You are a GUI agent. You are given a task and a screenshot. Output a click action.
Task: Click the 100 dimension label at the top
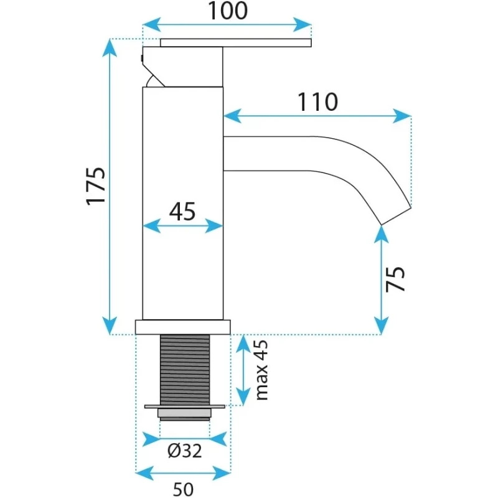(227, 11)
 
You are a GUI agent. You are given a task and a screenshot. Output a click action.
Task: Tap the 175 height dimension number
(96, 186)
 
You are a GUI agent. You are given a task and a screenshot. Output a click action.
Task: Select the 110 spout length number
(317, 101)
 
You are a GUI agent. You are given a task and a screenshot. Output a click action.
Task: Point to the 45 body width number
(182, 212)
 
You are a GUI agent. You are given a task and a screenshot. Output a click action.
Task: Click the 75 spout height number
(396, 279)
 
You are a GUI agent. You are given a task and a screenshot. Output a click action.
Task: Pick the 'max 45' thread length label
(262, 370)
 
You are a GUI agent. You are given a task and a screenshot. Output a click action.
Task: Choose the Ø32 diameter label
(184, 451)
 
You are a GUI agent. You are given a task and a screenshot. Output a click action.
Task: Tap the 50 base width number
(183, 489)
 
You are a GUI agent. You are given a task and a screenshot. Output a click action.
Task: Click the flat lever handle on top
(236, 42)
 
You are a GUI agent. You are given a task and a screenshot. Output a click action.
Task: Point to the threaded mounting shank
(185, 370)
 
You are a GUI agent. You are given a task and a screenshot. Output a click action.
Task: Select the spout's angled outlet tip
(396, 216)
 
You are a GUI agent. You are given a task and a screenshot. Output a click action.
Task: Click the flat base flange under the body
(182, 327)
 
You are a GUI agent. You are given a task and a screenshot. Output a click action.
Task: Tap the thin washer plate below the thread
(184, 406)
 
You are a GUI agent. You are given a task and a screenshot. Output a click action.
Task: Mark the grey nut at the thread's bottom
(184, 413)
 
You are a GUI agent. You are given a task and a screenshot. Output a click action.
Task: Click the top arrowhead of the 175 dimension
(110, 48)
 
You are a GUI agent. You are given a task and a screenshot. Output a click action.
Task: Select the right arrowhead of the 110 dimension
(402, 116)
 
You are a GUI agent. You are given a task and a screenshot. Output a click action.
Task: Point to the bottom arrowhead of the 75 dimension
(381, 325)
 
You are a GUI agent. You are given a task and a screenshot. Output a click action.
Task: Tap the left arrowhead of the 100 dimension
(152, 25)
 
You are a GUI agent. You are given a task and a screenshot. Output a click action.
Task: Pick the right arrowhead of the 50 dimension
(222, 473)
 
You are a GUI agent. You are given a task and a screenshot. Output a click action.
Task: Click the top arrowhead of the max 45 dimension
(243, 344)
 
